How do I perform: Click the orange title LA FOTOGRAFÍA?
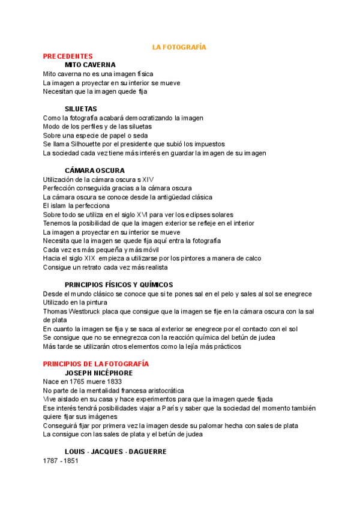click(179, 46)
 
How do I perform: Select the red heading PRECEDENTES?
click(68, 56)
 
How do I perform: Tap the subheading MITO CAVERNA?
click(90, 65)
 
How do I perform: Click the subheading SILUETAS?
click(81, 109)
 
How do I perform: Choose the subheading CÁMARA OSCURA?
click(95, 170)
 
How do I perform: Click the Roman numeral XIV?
click(148, 179)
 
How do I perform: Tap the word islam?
click(59, 206)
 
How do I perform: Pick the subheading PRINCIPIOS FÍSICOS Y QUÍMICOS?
click(119, 285)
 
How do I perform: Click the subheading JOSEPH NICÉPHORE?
click(99, 373)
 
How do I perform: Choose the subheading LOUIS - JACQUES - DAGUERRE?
click(115, 451)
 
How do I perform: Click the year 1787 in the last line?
click(51, 460)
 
